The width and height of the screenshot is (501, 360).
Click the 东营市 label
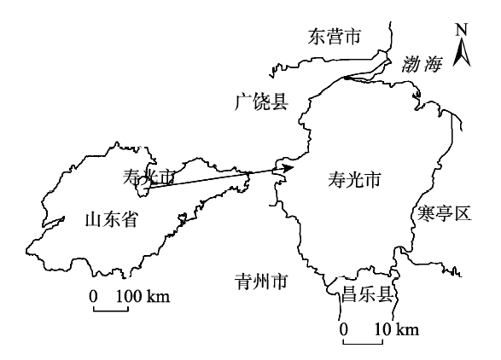point(335,37)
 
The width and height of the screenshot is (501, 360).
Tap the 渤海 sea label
point(422,64)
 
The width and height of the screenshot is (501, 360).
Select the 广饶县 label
point(262,102)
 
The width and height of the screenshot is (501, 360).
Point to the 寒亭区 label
point(445,213)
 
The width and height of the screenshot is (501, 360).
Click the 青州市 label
point(261,282)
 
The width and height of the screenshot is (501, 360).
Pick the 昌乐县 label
point(367,294)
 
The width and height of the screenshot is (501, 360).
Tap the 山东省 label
point(111,220)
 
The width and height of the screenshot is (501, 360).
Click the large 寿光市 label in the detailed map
point(354,179)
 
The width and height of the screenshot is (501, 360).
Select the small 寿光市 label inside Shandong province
point(149,177)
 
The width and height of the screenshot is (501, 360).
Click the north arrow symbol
point(461,52)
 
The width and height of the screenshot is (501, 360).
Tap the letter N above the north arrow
point(462,30)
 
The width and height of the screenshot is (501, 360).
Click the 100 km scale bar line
point(111,311)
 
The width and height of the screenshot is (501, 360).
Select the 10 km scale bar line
point(363,344)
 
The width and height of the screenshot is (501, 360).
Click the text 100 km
point(143,296)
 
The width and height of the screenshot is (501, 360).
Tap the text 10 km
point(397,329)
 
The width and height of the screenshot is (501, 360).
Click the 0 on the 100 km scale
point(93,296)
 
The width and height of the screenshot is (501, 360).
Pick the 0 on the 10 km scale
point(343,329)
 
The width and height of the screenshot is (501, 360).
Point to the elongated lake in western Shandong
point(53,222)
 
